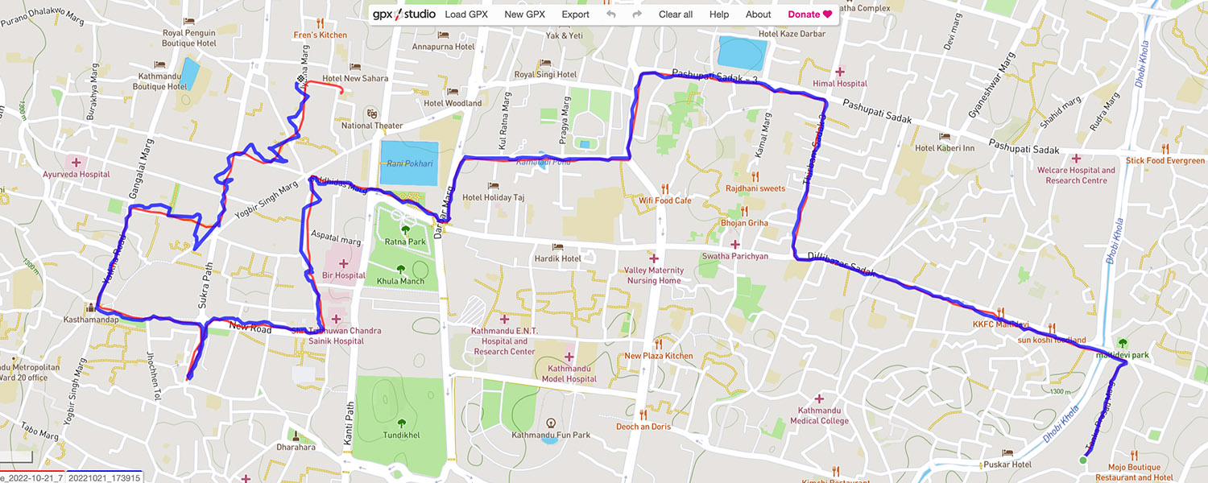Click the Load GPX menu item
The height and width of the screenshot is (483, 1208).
[466, 14]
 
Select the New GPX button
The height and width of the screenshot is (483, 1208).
[525, 14]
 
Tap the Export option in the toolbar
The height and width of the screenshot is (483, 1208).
[575, 14]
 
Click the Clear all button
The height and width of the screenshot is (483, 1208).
[675, 14]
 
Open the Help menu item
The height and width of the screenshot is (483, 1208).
[719, 14]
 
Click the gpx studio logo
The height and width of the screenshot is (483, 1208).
[403, 14]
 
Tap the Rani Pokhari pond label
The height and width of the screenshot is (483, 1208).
[409, 163]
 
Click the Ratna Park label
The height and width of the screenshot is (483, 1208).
[405, 242]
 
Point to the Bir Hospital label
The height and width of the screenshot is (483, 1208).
[344, 275]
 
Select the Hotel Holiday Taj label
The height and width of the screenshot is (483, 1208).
[493, 197]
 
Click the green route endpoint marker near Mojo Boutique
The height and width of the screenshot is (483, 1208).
[1082, 460]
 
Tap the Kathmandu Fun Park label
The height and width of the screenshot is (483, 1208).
[551, 435]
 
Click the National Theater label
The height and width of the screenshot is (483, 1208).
[372, 125]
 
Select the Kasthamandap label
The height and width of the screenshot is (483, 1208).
[92, 320]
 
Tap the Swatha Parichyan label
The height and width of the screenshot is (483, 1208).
[734, 256]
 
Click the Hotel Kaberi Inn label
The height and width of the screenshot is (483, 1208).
[945, 148]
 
